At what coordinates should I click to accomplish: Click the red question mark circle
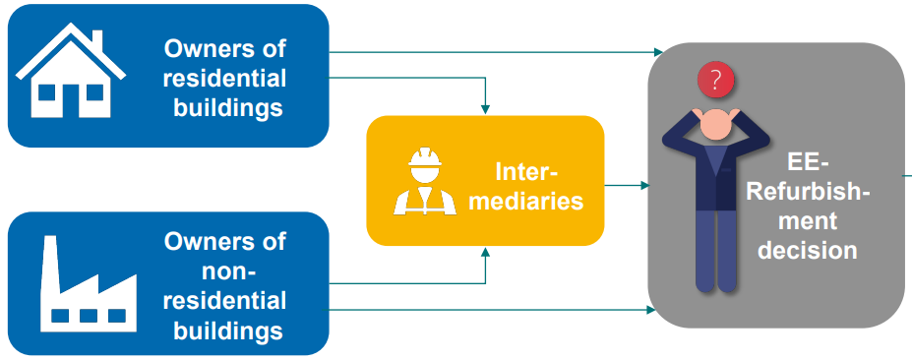coord(715,80)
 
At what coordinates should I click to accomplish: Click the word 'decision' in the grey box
coord(806,250)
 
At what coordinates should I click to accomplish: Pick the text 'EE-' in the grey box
coord(808,162)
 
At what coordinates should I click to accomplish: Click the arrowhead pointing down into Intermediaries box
coord(485,109)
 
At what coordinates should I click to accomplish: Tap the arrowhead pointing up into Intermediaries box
coord(485,252)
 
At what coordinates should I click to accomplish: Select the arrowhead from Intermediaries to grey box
coord(644,185)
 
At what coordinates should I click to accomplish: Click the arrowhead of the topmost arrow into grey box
coord(658,51)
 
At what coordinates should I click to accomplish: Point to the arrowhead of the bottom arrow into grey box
coord(650,310)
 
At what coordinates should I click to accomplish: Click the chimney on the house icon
coord(96,40)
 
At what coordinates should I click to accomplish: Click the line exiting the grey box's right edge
coord(908,174)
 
